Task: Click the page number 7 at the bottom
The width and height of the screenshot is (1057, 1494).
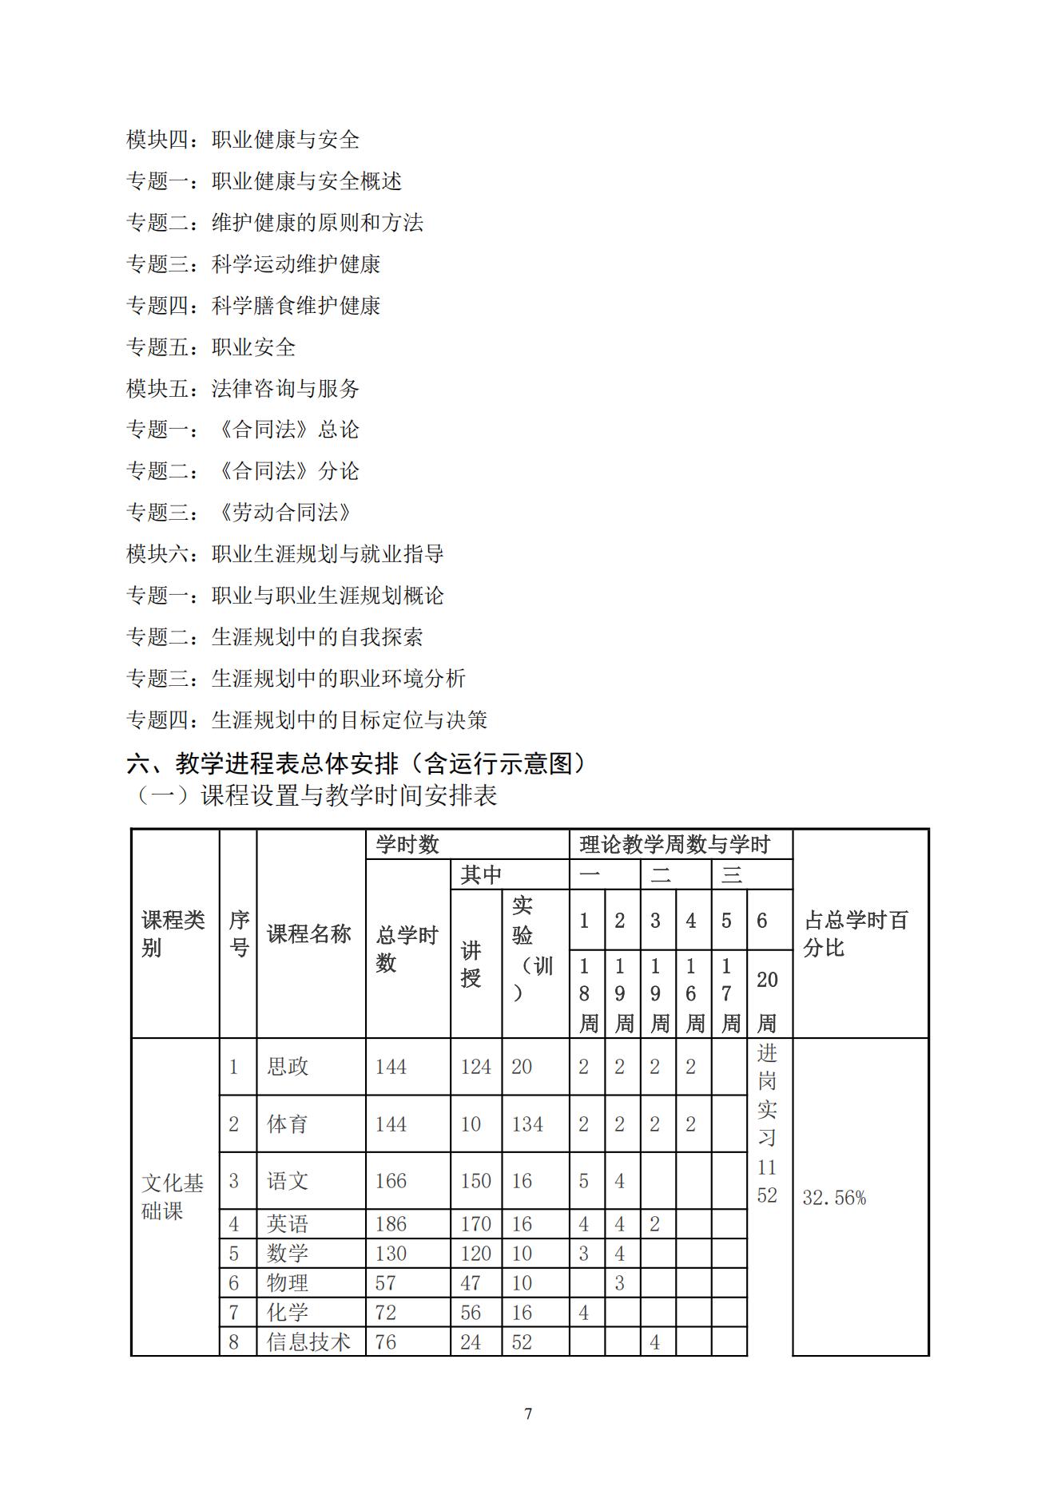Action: tap(528, 1413)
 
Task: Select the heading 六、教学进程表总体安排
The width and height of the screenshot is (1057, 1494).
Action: tap(356, 764)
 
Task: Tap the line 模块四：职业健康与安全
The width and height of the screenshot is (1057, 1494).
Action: tap(243, 140)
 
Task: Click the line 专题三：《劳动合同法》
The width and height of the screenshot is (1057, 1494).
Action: tap(240, 513)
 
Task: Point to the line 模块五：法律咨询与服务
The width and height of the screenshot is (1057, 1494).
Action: tap(243, 389)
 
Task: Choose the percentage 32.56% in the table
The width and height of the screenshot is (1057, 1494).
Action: tap(834, 1198)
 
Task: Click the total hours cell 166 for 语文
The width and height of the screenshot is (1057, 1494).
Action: tap(391, 1181)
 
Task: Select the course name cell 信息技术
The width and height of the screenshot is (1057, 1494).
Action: tap(308, 1342)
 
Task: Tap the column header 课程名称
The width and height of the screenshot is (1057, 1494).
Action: tap(308, 933)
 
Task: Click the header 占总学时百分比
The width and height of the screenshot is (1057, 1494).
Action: tap(856, 933)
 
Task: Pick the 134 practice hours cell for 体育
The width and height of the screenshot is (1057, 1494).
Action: tap(527, 1124)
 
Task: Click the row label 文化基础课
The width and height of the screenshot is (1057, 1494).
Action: tap(173, 1197)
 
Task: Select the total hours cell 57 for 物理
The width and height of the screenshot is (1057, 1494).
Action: tap(386, 1283)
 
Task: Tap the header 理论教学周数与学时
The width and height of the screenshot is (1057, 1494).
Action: tap(674, 845)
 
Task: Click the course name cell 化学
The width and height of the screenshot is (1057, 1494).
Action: tap(288, 1313)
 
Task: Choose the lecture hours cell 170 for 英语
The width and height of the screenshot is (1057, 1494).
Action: tap(475, 1224)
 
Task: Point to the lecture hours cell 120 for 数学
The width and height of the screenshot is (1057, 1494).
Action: tap(475, 1254)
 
